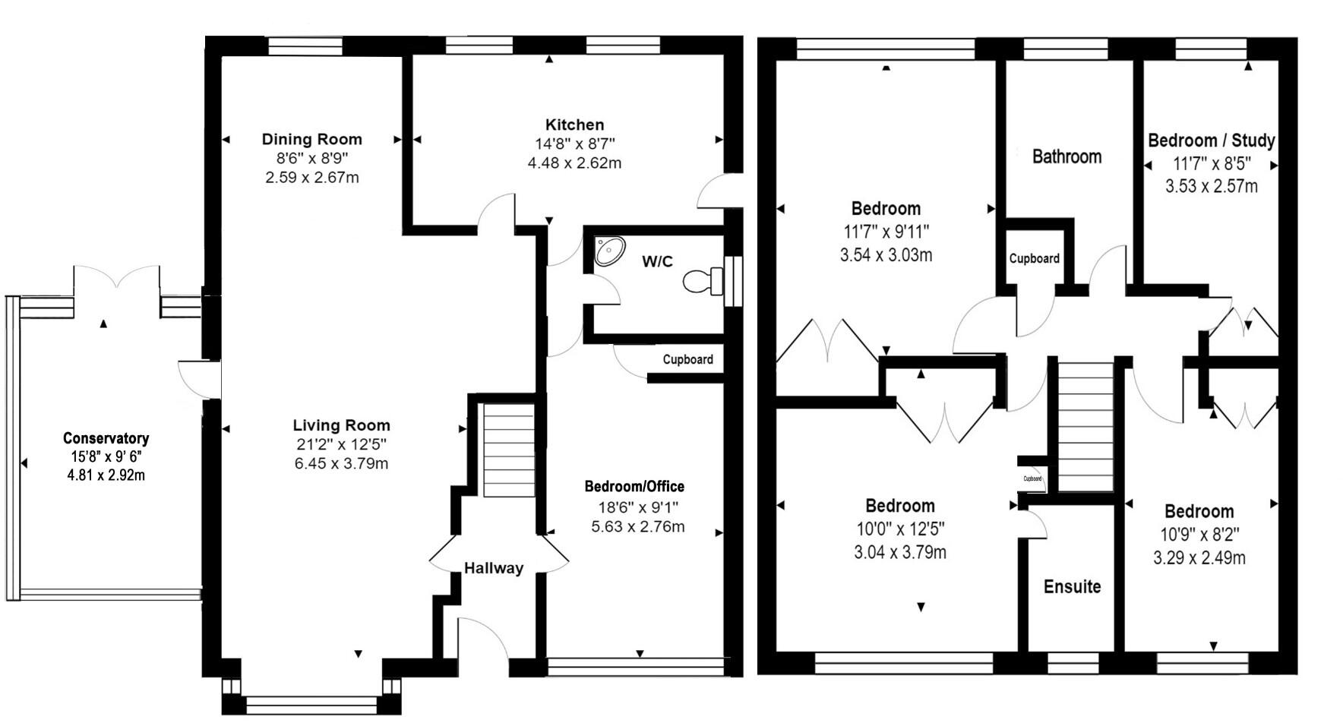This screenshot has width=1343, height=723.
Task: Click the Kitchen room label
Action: point(574,125)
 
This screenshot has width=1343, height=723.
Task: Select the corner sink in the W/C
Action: point(609,250)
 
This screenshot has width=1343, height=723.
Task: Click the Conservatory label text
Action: point(106,438)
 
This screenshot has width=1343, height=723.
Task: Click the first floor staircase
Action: point(1085,427)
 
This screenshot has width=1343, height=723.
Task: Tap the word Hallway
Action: point(494,568)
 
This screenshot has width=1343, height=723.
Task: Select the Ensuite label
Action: point(1072,586)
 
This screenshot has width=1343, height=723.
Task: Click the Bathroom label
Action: point(1066,156)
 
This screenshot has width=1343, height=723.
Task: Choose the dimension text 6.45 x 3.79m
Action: point(341,463)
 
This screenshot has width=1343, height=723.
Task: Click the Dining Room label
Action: point(311,139)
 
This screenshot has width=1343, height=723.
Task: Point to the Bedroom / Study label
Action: point(1211,140)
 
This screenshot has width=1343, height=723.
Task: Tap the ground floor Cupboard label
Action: point(687,359)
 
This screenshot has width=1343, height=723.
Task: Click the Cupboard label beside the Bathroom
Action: point(1034,258)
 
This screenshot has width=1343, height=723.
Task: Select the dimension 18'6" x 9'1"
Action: point(634,507)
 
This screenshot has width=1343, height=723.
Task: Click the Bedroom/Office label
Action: point(634,487)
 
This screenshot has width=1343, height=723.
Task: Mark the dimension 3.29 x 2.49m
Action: point(1199,558)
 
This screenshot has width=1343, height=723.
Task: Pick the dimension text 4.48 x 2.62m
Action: point(574,163)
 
